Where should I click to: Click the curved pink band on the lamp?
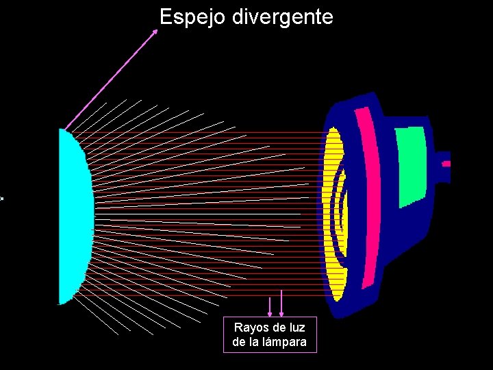(x=368, y=199)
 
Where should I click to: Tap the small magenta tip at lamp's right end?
(x=446, y=164)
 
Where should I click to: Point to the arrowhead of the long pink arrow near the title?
(x=154, y=32)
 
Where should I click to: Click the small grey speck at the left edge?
(x=1, y=199)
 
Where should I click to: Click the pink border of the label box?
(x=224, y=335)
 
